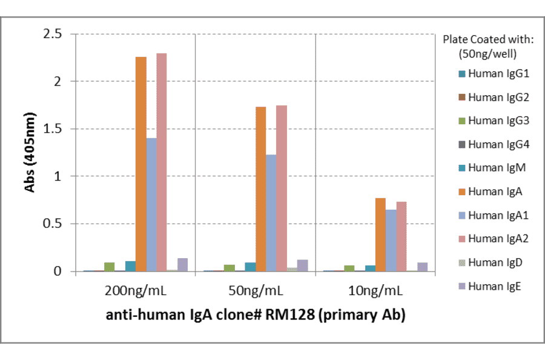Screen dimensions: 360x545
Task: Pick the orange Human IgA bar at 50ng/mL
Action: pos(261,188)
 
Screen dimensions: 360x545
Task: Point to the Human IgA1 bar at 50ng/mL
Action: pos(271,213)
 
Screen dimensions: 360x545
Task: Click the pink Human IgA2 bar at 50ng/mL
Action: pos(282,188)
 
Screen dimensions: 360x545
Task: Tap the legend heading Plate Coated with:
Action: pos(487,40)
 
